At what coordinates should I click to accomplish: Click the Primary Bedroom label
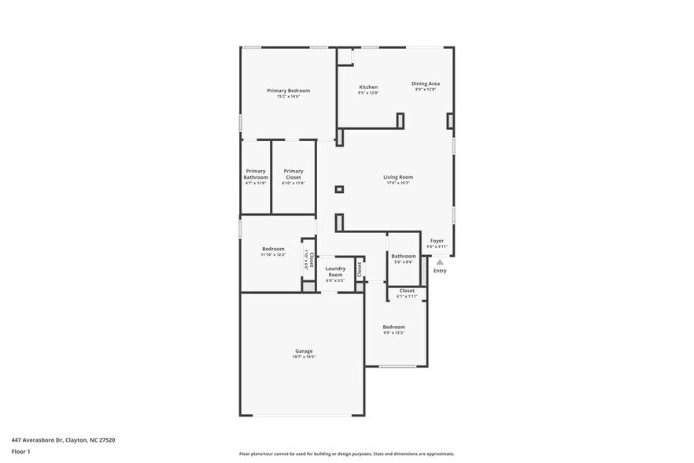click(288, 91)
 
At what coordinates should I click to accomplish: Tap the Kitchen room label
click(368, 87)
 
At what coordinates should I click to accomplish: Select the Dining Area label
click(426, 83)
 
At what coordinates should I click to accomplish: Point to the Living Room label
click(398, 177)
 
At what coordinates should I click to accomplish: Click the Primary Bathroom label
click(256, 174)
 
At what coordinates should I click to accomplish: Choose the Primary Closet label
click(293, 174)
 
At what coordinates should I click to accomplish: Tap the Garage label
click(304, 351)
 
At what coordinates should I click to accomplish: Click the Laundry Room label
click(335, 272)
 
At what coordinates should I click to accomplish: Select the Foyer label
click(437, 241)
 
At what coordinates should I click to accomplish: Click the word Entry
click(440, 271)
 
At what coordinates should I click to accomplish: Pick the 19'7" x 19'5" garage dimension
click(304, 357)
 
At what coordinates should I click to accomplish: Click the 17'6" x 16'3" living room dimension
click(398, 183)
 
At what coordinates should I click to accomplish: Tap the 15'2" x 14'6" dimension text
click(288, 97)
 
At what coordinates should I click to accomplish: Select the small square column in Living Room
click(339, 189)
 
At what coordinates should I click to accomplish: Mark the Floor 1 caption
click(20, 451)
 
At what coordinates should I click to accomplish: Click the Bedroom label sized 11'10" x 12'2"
click(273, 249)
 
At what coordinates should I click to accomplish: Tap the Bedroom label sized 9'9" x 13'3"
click(393, 327)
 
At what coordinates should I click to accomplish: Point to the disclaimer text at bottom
click(345, 454)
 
